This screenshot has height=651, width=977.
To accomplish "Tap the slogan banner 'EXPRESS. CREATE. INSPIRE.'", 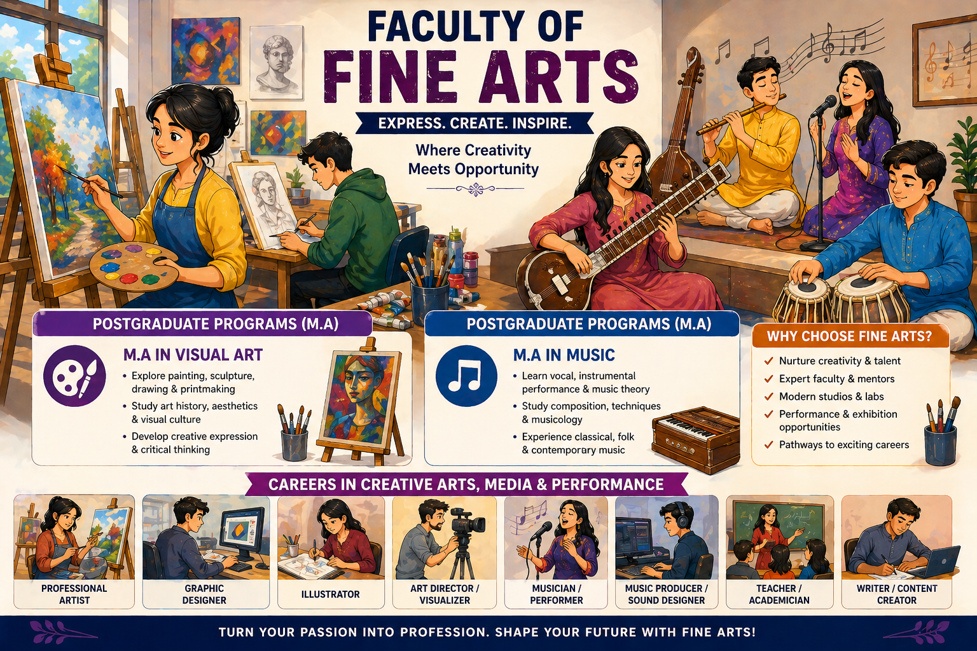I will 475,123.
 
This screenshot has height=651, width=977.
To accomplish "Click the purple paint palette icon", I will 74,376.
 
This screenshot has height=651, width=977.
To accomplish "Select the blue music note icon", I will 466,376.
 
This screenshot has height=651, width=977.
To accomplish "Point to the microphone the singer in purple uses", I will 824,106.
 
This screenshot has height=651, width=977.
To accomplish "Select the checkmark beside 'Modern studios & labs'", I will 768,397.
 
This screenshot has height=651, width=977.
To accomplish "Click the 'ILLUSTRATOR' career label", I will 330,594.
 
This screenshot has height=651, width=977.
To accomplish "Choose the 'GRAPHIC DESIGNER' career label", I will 204,594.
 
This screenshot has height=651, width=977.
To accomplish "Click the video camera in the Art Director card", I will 467,523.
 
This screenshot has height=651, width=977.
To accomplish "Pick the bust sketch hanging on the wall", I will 276,62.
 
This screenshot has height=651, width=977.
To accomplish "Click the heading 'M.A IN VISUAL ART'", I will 193,355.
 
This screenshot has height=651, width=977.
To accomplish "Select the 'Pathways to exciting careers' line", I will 843,445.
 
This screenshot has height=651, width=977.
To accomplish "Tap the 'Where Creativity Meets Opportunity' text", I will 473,160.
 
